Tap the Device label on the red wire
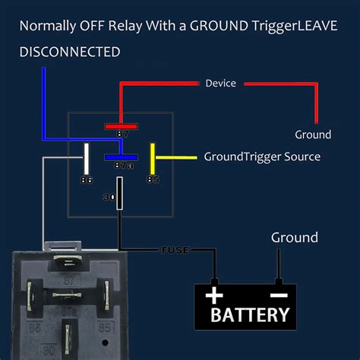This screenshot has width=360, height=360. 220,83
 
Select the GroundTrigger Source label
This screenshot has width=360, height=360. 262,156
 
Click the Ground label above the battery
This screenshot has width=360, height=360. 295,238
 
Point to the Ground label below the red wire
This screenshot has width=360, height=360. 313,134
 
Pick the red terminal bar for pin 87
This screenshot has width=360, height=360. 121,126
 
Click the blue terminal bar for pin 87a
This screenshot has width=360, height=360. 121,157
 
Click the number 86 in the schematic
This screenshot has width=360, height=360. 87,180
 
